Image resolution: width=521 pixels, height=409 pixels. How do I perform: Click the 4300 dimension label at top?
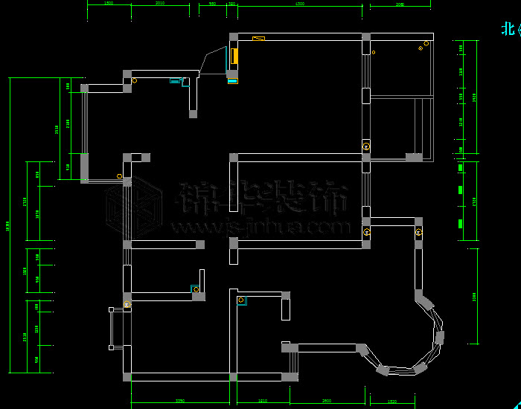(300, 4)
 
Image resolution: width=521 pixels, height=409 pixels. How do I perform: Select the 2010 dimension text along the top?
(160, 4)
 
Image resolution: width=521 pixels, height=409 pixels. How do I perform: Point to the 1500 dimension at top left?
(109, 4)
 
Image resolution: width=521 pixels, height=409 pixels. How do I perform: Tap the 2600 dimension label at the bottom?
(326, 402)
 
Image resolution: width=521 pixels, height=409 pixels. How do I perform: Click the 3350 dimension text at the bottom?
(179, 402)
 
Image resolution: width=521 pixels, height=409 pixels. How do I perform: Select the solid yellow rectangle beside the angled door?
(234, 57)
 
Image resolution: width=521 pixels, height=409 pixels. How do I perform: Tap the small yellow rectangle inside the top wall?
(259, 39)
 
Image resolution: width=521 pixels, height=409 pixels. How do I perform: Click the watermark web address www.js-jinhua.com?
(260, 226)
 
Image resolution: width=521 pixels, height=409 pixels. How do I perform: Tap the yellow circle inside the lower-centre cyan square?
(241, 300)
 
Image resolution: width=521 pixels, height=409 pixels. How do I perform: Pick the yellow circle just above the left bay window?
(127, 303)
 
